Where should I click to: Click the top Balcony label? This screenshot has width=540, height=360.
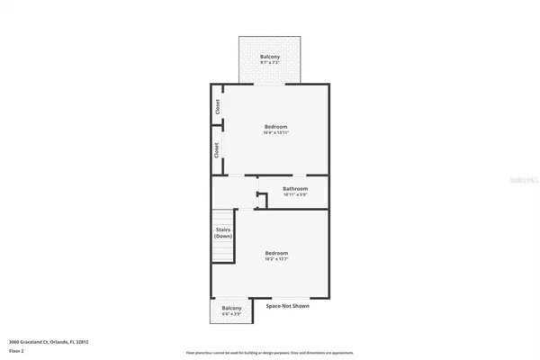[x=270, y=57]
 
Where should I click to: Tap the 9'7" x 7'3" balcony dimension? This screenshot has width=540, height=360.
[x=270, y=63]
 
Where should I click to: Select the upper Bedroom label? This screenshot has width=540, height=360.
[x=276, y=127]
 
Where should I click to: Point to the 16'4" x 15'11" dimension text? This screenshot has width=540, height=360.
[x=276, y=133]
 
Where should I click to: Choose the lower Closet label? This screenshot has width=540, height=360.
[x=218, y=150]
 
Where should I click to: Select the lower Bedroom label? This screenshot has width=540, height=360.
[x=276, y=253]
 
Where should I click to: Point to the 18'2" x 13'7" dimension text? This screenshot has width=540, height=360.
[x=276, y=259]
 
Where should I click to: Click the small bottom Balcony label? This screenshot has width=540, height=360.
[x=231, y=308]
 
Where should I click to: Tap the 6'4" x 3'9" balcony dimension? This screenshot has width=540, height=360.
[x=231, y=314]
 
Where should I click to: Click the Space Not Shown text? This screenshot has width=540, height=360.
[x=288, y=306]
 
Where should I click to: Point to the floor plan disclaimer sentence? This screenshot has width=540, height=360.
[x=270, y=353]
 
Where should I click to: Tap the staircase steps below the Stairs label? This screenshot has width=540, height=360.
[x=222, y=247]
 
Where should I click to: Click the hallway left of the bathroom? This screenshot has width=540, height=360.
[x=233, y=191]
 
